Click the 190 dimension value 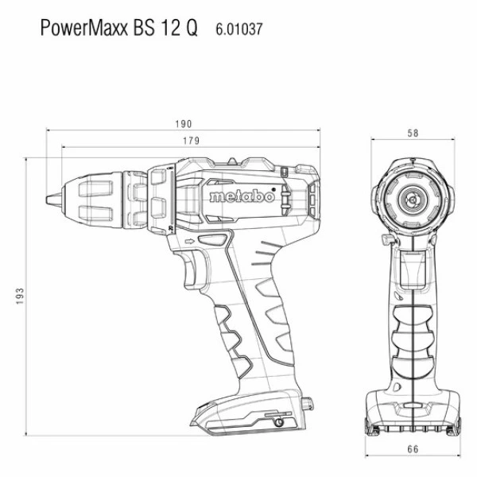pos(184,124)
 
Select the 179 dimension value pos(191,141)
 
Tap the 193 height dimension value pos(19,296)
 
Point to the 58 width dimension pos(413,133)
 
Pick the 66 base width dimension pos(413,449)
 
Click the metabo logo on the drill pos(242,196)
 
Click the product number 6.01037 pos(238,29)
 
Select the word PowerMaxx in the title pos(84,28)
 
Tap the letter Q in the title pos(191,29)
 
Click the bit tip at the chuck pos(48,200)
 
